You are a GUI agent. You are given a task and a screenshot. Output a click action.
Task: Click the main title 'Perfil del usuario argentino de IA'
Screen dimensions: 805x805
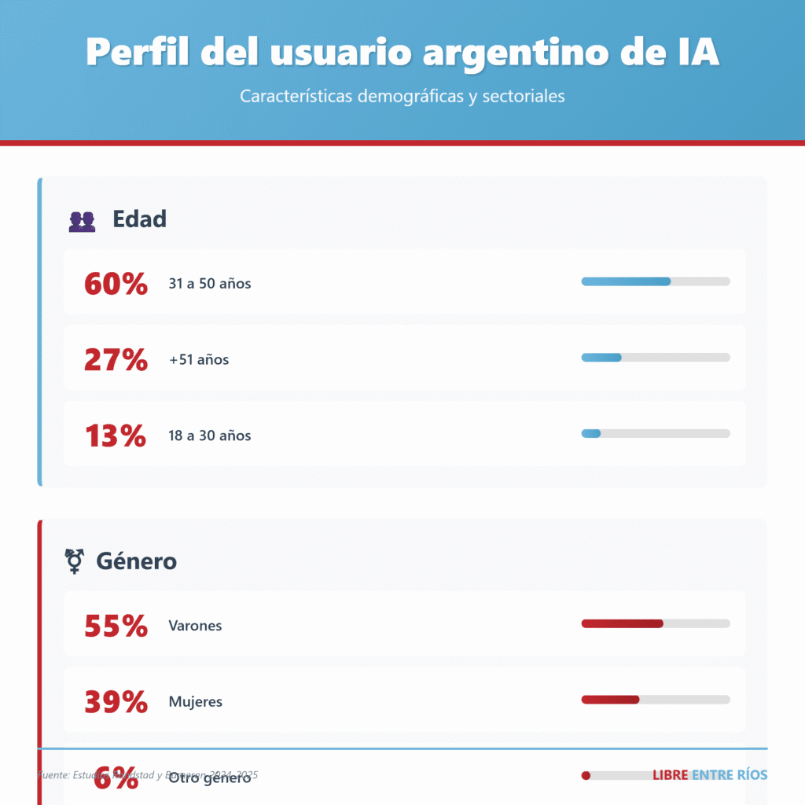(x=402, y=52)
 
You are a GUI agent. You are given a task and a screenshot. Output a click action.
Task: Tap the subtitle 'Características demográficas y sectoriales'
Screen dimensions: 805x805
(x=402, y=97)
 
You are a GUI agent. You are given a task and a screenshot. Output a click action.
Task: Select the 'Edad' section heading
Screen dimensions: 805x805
(x=139, y=219)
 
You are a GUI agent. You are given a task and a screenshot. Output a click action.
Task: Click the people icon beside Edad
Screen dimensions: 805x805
(x=82, y=221)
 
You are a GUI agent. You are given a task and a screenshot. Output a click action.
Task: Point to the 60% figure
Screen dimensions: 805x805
(x=116, y=284)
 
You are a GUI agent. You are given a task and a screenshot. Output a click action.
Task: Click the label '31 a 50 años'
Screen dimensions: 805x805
(x=210, y=284)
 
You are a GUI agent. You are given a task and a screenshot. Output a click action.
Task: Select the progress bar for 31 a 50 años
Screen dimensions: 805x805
(x=656, y=281)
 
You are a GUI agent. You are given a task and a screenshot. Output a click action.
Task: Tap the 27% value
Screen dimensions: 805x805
(x=116, y=359)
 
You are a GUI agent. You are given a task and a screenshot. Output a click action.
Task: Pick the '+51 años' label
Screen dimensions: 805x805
(x=199, y=360)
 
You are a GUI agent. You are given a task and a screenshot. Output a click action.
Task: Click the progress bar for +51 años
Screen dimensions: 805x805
(x=656, y=358)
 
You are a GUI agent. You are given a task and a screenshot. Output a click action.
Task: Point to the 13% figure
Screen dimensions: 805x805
(x=116, y=436)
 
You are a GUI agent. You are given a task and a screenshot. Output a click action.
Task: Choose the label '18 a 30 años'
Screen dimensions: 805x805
(x=210, y=436)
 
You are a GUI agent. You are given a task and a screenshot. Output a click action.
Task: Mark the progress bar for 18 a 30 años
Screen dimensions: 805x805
(x=656, y=433)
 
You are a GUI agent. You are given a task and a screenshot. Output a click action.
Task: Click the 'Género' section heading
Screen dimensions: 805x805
(x=136, y=561)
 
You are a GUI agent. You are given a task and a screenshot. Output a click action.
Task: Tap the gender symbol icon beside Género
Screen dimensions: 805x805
(x=75, y=561)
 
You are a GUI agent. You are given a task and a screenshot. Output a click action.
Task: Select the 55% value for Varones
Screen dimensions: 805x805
(x=116, y=626)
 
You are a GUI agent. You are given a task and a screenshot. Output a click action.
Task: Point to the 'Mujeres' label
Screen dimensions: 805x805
(x=196, y=702)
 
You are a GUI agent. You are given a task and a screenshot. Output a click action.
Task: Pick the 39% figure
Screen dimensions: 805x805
(x=116, y=702)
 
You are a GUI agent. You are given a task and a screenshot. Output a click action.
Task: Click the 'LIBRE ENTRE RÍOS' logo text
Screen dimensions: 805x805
(x=710, y=775)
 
